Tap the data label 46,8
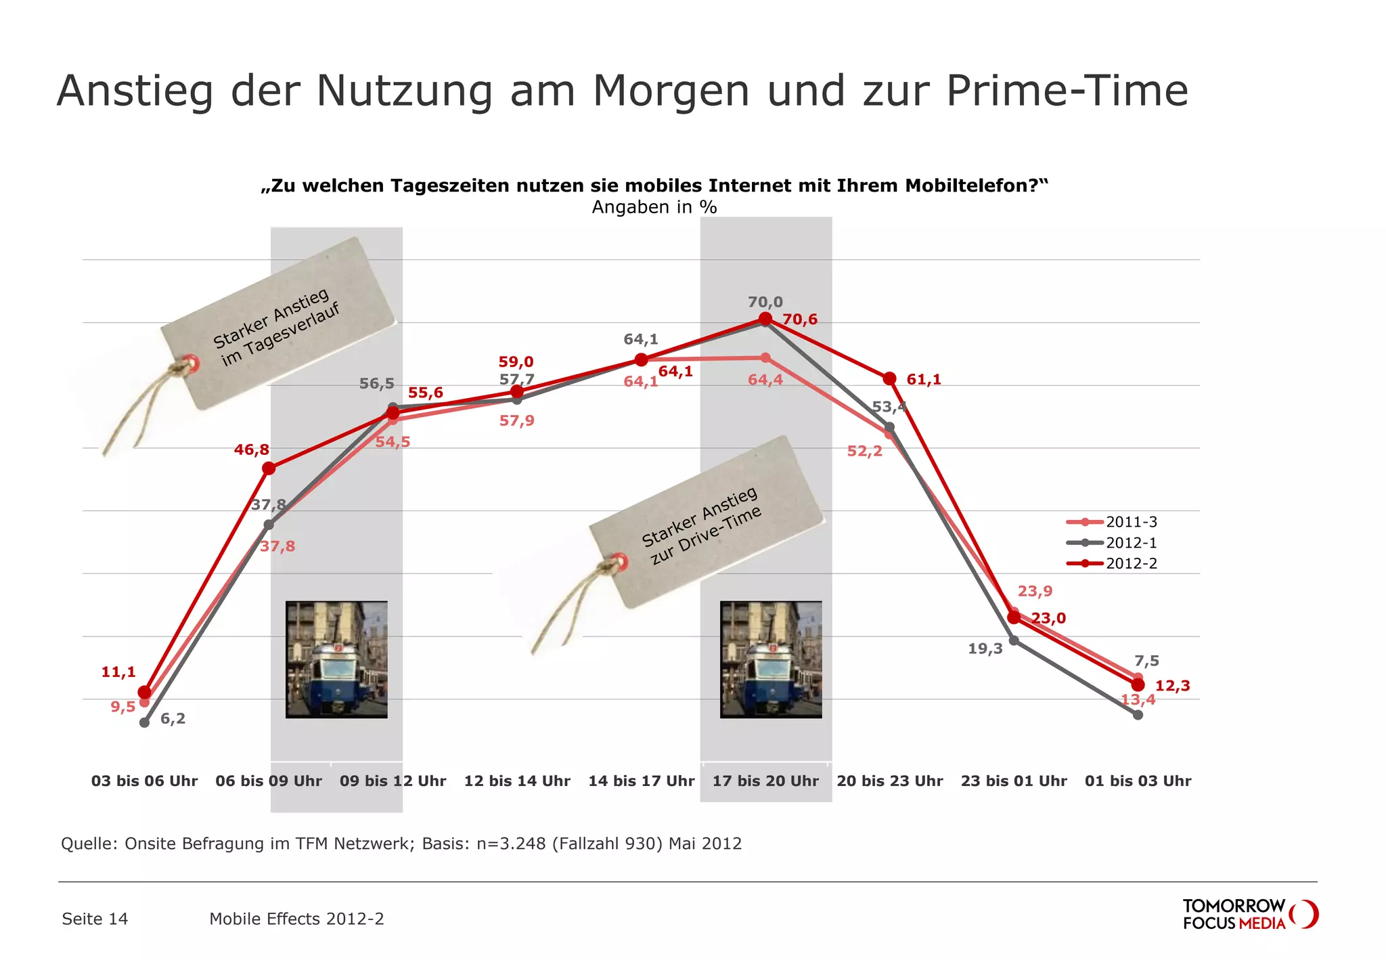(252, 450)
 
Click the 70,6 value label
(800, 320)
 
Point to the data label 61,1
(924, 380)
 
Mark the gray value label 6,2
(173, 719)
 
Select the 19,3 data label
(985, 649)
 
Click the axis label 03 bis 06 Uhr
(144, 781)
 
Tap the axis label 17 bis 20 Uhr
(765, 781)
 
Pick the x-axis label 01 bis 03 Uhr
(1138, 781)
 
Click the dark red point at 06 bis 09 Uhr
(269, 468)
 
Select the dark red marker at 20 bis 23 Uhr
(890, 378)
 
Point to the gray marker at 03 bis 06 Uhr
(144, 722)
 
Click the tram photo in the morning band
(336, 659)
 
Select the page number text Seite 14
(95, 919)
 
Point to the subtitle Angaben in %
(654, 207)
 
